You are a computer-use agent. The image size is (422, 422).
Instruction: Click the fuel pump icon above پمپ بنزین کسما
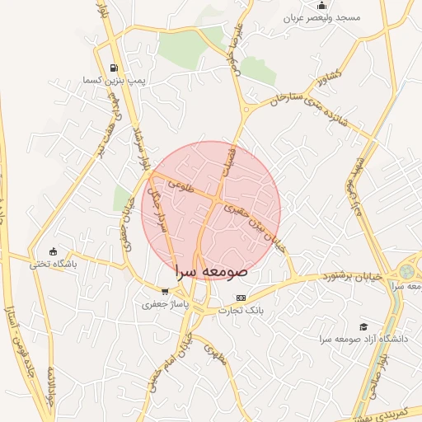[113, 68]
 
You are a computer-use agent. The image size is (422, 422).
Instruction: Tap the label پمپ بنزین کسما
[114, 81]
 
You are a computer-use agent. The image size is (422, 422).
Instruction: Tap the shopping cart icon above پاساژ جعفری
[165, 291]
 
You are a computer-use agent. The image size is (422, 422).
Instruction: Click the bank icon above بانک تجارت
[241, 298]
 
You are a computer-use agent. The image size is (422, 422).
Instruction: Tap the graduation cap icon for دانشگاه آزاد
[363, 326]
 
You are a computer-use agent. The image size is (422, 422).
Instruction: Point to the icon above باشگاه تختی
[54, 251]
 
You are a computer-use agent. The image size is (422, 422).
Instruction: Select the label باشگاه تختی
[53, 265]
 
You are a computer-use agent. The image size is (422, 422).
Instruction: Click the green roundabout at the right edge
[407, 271]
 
